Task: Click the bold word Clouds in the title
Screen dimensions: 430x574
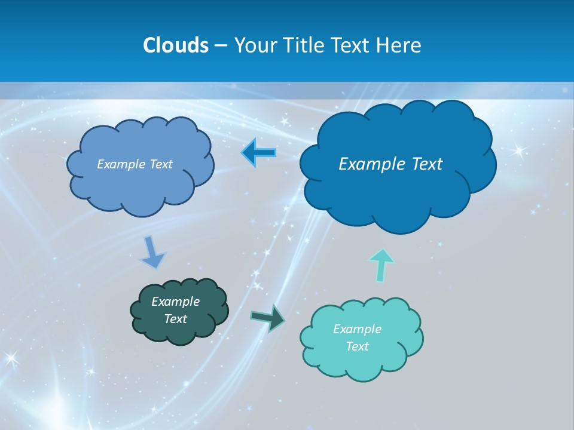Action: point(175,45)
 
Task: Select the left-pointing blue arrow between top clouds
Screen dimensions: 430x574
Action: point(258,153)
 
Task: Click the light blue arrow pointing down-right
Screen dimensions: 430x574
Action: point(152,252)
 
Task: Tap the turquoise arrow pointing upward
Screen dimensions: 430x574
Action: point(381,265)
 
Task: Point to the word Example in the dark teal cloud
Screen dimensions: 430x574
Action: point(175,302)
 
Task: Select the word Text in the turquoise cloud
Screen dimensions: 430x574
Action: point(357,346)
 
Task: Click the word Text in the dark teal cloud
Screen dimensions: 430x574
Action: point(175,319)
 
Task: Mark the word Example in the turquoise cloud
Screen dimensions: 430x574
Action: point(357,329)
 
